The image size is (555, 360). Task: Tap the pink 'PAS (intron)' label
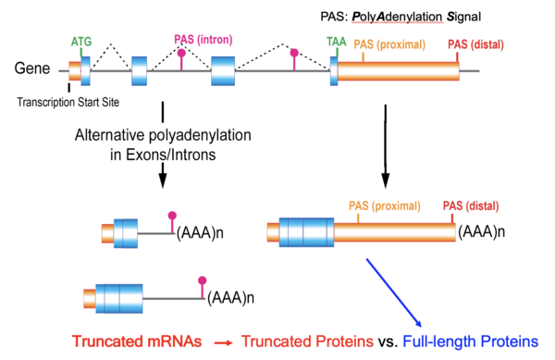[203, 39]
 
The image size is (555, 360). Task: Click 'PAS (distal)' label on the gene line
[471, 43]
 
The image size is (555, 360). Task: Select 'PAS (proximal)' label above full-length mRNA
[384, 205]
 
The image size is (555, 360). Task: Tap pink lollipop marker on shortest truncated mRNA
[172, 217]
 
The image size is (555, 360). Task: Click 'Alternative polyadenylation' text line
[163, 136]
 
